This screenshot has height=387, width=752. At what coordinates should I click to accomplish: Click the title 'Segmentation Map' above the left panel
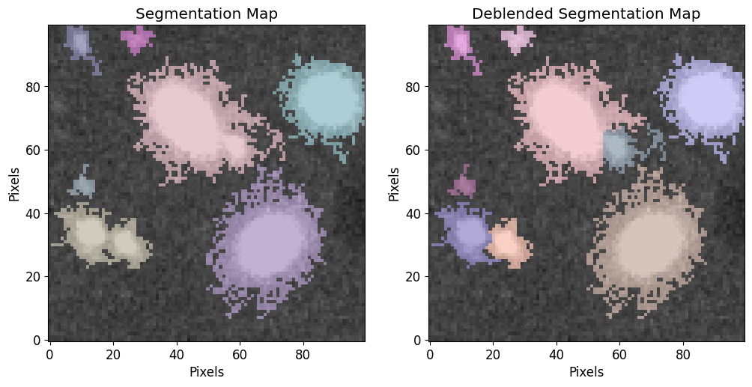tap(206, 14)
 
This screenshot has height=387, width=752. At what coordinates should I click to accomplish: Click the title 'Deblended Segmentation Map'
tap(586, 14)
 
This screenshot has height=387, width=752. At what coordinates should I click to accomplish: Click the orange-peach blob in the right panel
tap(509, 243)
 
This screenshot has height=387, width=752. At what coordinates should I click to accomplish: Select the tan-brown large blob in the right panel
tap(647, 243)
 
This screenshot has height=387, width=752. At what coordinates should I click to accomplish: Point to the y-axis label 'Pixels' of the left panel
tap(14, 183)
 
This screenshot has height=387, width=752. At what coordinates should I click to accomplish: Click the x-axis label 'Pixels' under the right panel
tap(586, 371)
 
